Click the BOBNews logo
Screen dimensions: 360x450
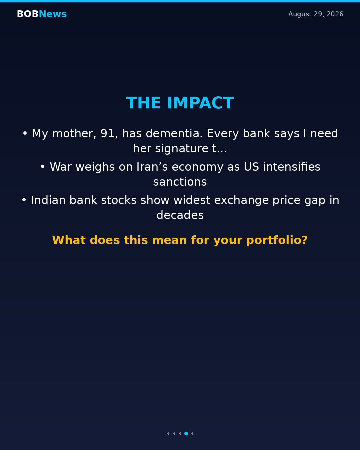point(42,14)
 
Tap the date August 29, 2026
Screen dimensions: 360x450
point(316,14)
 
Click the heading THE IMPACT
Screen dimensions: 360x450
point(180,103)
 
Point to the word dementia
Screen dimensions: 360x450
point(174,133)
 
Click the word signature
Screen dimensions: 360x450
point(182,149)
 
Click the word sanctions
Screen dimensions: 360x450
point(180,182)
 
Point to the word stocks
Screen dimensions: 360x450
point(119,200)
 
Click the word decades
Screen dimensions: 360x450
point(180,215)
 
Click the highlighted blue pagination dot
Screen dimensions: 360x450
point(186,433)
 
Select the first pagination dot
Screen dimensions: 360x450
point(168,433)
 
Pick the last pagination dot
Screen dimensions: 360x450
point(192,433)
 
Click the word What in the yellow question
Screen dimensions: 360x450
point(69,240)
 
